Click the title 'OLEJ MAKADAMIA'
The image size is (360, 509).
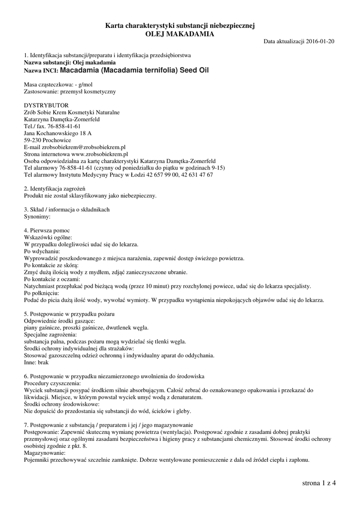(180, 34)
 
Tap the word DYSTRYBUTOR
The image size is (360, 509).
(46, 105)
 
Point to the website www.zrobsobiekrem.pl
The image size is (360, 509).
(100, 155)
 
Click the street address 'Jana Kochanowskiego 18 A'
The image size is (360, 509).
(58, 134)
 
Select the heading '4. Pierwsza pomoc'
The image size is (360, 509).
(47, 231)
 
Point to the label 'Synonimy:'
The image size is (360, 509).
(37, 217)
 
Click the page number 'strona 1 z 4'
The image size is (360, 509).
(319, 483)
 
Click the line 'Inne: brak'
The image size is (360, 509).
(38, 363)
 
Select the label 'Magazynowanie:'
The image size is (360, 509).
(44, 453)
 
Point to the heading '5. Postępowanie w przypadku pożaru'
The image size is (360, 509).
(69, 314)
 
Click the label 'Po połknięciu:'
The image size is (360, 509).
(42, 293)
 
